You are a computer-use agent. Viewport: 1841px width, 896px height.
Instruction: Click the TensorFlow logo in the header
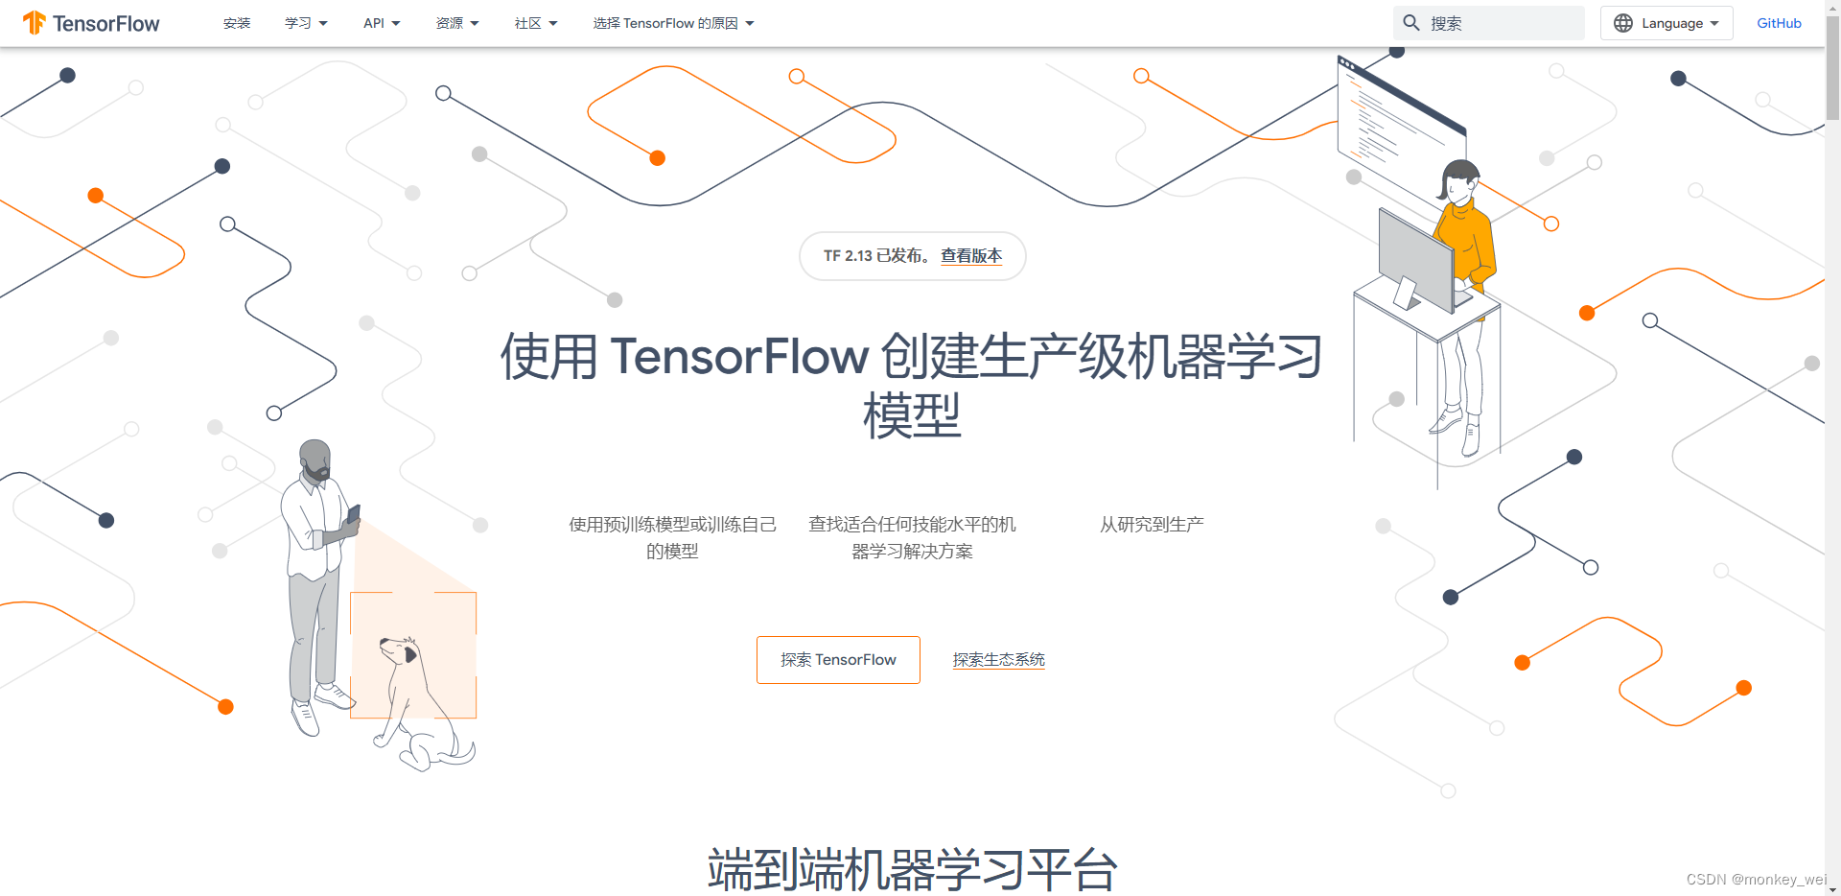92,23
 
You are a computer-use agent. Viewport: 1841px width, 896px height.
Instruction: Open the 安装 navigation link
236,23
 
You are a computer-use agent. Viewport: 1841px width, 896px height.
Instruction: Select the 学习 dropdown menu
305,23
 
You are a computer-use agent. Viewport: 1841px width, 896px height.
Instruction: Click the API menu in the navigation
381,23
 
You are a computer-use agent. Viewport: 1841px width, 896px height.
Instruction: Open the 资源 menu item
456,23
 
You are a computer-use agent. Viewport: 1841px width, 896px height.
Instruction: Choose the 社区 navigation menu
535,23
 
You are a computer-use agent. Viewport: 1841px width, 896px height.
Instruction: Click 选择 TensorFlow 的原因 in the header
672,23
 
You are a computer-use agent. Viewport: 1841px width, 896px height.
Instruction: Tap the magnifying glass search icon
1411,23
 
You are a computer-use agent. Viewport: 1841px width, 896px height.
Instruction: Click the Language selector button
1666,23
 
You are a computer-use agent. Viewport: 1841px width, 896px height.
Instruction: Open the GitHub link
1779,23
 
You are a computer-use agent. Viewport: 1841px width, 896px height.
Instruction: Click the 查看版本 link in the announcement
971,256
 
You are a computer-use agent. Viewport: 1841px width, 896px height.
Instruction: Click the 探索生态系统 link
998,660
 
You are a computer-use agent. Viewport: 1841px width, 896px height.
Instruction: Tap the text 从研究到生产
1152,525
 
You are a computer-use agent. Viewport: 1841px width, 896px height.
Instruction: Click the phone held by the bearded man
354,515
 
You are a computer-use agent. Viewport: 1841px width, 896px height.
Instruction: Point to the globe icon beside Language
1623,23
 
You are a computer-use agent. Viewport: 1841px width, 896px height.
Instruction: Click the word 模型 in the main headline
911,415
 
